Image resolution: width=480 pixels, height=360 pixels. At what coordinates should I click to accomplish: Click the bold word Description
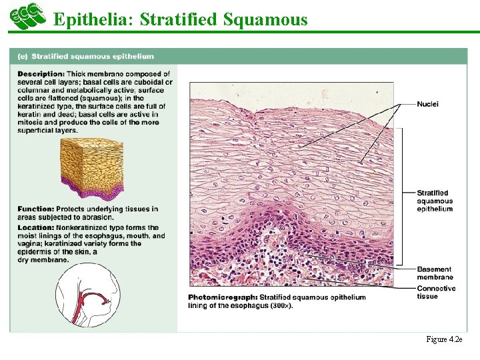[41, 74]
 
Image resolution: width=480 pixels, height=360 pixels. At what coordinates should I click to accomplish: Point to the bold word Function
[35, 209]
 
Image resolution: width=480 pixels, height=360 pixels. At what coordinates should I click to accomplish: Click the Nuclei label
[427, 104]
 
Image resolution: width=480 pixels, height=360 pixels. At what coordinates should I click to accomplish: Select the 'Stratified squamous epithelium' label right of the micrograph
[435, 201]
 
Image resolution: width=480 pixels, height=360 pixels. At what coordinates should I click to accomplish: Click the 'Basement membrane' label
[435, 273]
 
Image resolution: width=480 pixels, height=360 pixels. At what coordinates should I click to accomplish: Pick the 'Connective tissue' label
[436, 292]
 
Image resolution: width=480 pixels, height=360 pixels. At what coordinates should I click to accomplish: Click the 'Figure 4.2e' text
[443, 340]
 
